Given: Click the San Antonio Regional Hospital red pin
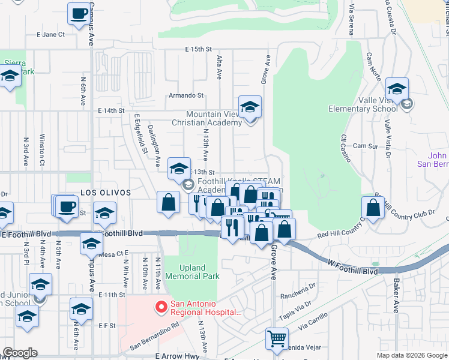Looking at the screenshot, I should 161,308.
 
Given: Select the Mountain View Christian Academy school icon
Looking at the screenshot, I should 250,108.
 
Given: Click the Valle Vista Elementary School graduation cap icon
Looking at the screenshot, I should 397,90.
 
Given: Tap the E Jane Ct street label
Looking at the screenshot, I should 50,35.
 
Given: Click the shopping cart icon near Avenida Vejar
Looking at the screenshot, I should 277,339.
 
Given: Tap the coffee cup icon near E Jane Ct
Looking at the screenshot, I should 78,14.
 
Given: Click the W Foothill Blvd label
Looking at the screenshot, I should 353,271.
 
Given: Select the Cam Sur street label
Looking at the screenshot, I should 365,146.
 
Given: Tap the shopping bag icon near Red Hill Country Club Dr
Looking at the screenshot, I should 373,208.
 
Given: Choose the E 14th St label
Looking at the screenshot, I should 110,111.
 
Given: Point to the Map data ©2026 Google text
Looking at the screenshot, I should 412,355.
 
